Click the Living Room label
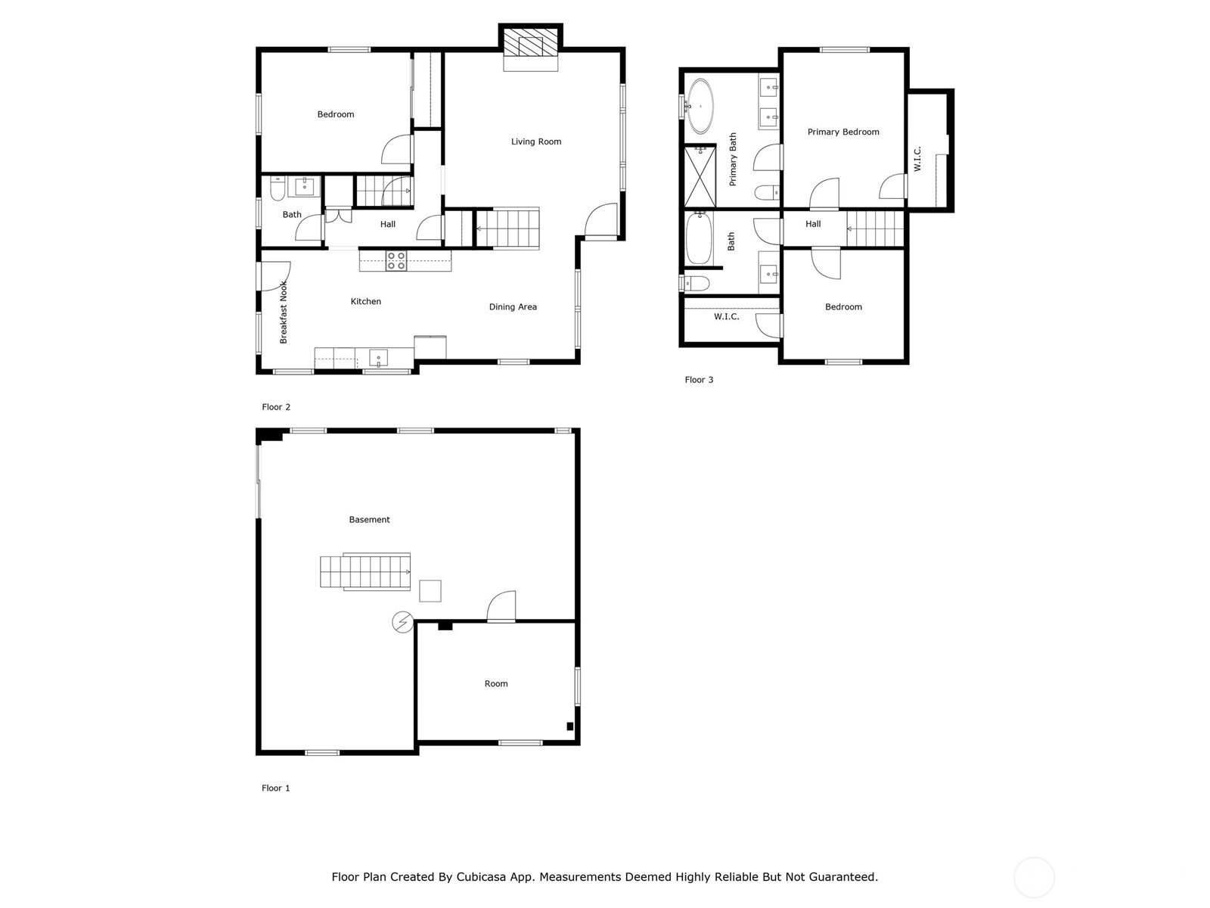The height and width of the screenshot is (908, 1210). [x=536, y=141]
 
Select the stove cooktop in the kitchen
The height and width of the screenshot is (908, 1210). [x=396, y=261]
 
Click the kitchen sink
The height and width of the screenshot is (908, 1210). [x=378, y=358]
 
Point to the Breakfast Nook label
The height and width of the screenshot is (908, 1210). [x=284, y=312]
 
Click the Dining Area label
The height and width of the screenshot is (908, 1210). [x=513, y=307]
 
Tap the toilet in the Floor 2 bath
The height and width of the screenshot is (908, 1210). [x=278, y=188]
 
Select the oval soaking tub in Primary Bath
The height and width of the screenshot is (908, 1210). [x=700, y=107]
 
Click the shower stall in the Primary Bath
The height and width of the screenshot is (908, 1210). [x=700, y=176]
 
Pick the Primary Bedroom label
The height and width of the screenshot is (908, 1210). [x=843, y=132]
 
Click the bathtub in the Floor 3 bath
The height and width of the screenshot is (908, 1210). [x=699, y=238]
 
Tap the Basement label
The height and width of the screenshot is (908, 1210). [x=369, y=519]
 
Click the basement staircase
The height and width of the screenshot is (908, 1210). [x=365, y=572]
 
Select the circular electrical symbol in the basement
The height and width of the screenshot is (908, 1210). [x=402, y=622]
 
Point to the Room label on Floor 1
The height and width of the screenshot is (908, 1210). [x=496, y=683]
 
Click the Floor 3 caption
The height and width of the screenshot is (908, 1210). [x=699, y=380]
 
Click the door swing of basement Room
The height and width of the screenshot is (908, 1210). [x=501, y=606]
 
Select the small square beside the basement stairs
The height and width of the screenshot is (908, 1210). [x=430, y=591]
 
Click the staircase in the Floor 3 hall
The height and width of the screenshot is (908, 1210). [x=876, y=229]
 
